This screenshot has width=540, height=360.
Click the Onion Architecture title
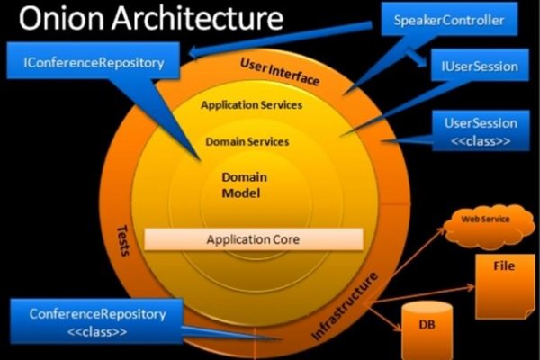click(144, 19)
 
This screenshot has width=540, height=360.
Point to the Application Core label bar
click(253, 239)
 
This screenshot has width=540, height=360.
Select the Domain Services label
click(247, 142)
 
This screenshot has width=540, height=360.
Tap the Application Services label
click(251, 105)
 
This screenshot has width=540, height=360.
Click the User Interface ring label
click(280, 71)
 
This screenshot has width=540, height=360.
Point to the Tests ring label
click(124, 238)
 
